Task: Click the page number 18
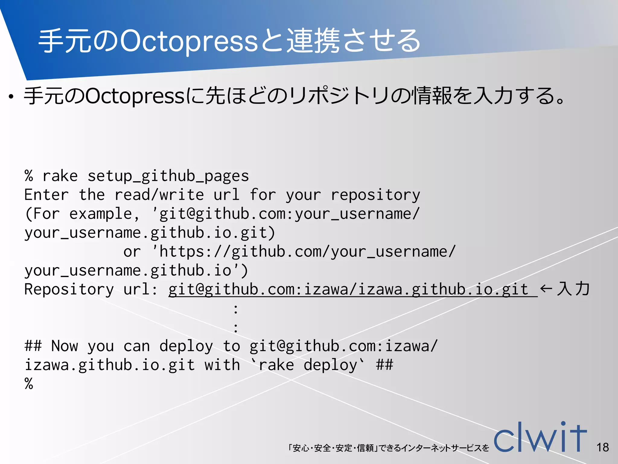click(603, 447)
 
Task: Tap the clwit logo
click(540, 438)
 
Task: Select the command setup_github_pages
click(168, 176)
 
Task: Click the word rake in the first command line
click(60, 176)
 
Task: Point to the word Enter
click(46, 195)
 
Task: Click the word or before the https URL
click(132, 252)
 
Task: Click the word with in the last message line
click(222, 365)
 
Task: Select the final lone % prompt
click(29, 384)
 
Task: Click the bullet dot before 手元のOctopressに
click(11, 97)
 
